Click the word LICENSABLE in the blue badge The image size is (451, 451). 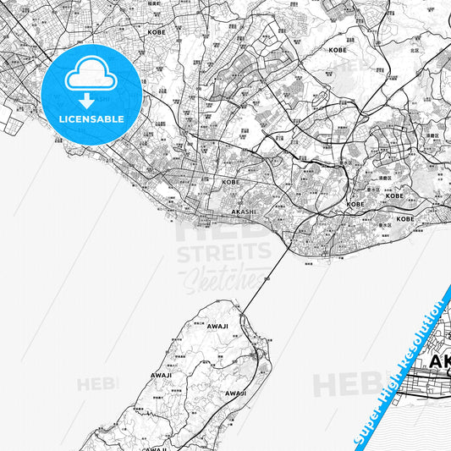[91, 118]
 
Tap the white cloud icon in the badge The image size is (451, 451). [91, 75]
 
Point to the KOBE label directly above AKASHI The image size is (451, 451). [231, 181]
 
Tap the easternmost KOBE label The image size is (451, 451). [405, 218]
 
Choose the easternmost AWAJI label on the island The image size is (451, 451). [235, 393]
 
